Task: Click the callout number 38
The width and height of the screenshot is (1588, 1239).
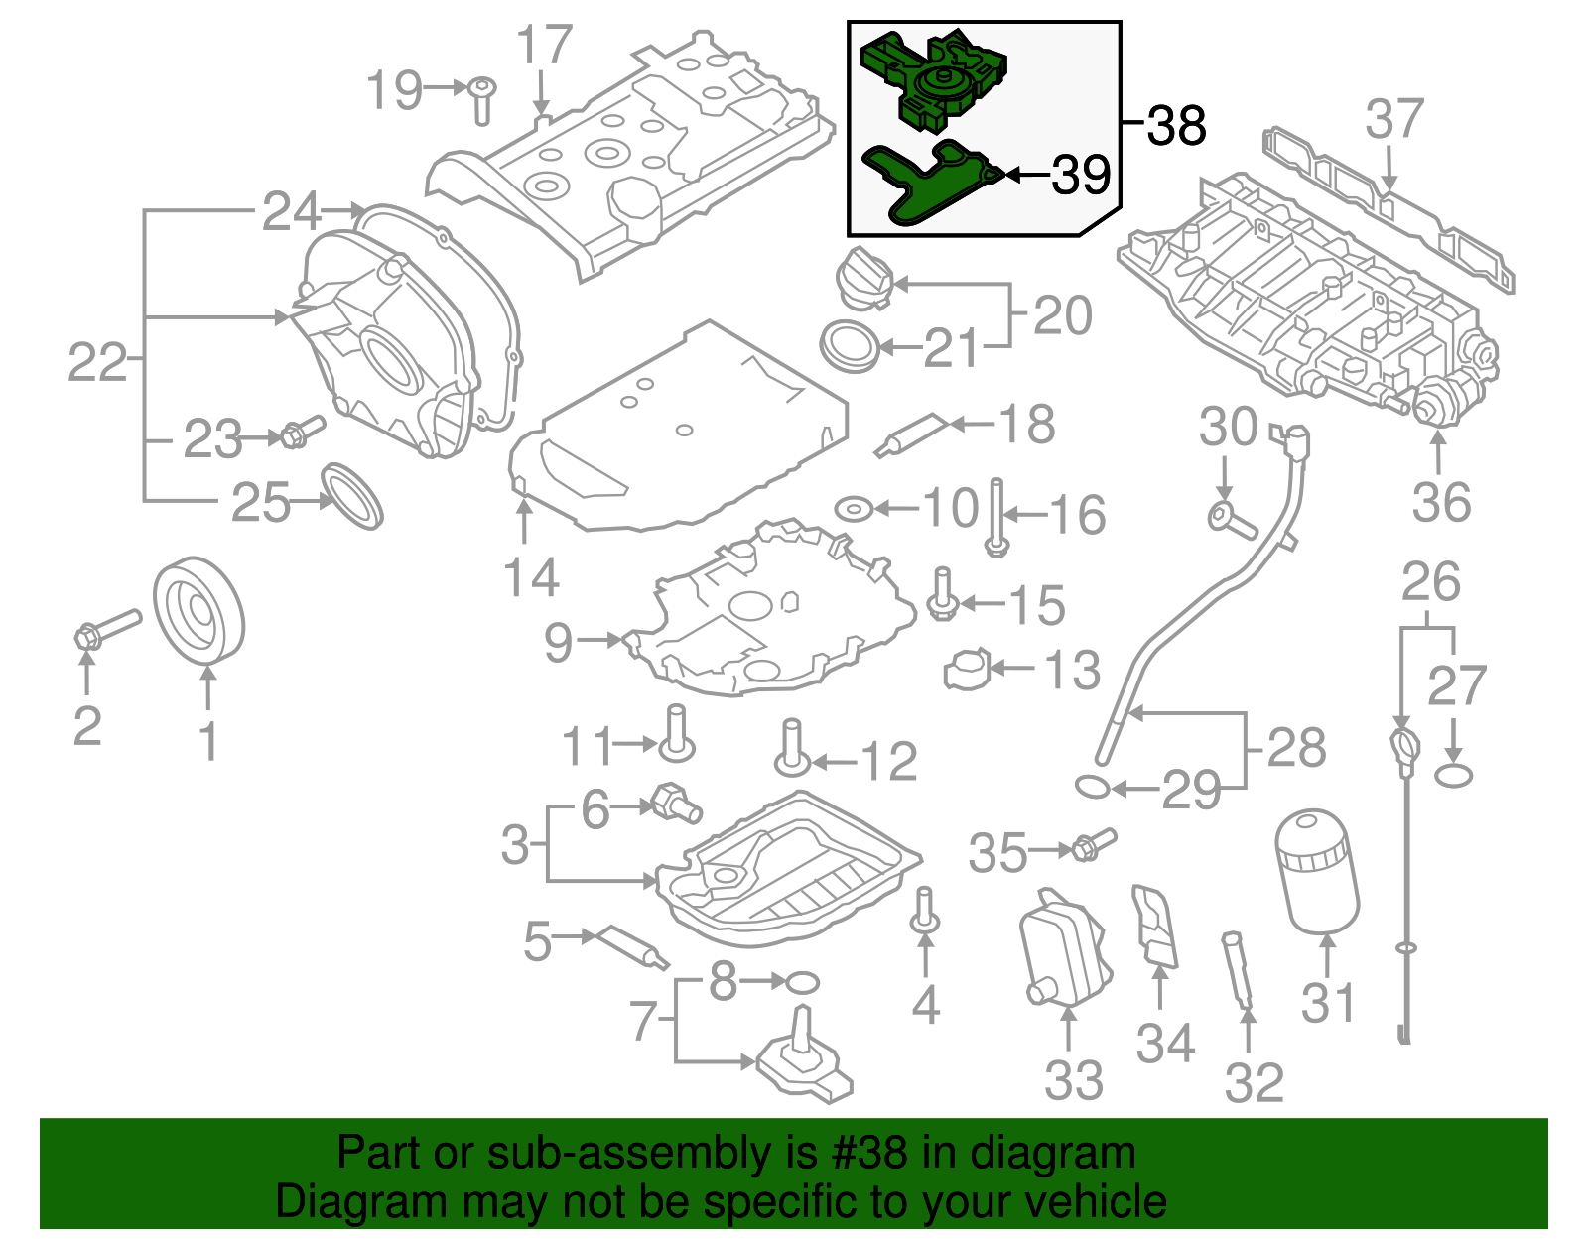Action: pos(1176,126)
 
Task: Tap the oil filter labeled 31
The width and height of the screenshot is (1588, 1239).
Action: pos(1317,870)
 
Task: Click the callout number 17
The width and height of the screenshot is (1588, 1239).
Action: pos(545,46)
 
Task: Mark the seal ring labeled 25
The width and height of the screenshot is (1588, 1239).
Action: pos(352,494)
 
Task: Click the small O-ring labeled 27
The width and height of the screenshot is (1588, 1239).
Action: pos(1453,775)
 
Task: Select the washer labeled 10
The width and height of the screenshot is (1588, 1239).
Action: pos(853,509)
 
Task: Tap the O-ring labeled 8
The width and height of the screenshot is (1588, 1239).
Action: pos(802,983)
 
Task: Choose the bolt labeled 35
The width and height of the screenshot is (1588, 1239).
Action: pos(1090,845)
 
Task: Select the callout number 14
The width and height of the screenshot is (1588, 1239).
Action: pos(531,577)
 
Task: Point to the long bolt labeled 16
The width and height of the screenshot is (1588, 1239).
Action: pos(996,516)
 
